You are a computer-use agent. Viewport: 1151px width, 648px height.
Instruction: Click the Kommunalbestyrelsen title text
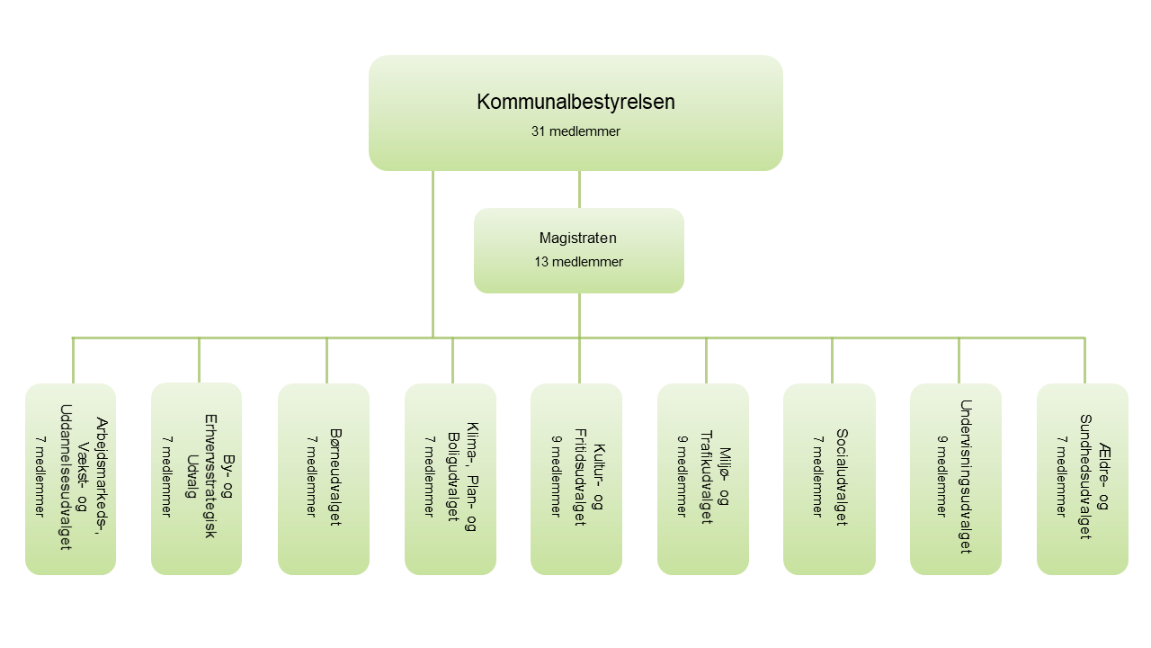[x=575, y=102]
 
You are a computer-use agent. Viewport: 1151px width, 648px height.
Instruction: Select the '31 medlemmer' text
[x=575, y=131]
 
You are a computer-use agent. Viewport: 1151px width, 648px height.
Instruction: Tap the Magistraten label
[x=578, y=238]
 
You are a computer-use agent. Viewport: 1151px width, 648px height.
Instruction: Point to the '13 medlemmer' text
[x=578, y=262]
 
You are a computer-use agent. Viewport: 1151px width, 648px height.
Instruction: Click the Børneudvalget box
[x=324, y=479]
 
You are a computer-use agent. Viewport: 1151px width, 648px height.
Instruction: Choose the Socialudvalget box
[x=829, y=479]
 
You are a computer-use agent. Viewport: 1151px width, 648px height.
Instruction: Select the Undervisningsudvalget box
[x=956, y=479]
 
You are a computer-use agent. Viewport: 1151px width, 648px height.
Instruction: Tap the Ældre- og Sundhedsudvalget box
[x=1083, y=479]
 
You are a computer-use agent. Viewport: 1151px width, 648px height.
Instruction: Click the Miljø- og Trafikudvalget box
[x=703, y=479]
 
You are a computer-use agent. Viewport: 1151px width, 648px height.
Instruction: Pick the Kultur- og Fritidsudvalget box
[x=576, y=479]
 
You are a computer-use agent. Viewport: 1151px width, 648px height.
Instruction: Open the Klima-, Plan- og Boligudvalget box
[x=451, y=479]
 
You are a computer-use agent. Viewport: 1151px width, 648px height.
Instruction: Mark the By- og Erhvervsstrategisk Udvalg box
[x=196, y=479]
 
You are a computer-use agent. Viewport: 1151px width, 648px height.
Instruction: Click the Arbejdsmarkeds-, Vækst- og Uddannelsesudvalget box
[x=70, y=479]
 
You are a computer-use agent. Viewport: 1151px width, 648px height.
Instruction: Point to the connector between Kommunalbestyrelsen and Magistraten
[x=579, y=189]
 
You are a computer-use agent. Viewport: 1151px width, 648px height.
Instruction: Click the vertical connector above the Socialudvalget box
[x=832, y=360]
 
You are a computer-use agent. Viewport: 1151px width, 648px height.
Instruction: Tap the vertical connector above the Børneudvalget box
[x=326, y=360]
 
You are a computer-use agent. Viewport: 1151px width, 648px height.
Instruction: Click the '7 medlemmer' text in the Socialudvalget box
[x=816, y=477]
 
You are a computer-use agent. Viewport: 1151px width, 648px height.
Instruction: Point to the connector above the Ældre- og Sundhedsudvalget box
[x=1084, y=360]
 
